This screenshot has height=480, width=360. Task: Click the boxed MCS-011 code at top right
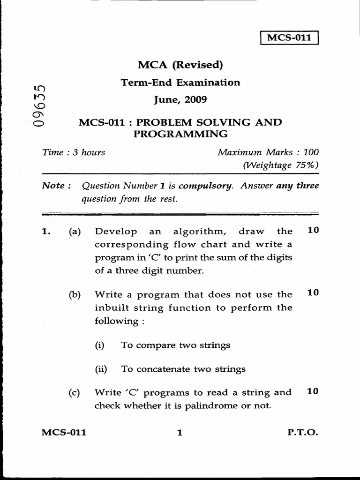[289, 37]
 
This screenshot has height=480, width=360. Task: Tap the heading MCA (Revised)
[180, 65]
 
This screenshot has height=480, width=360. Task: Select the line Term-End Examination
[180, 82]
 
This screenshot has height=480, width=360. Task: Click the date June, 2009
[180, 100]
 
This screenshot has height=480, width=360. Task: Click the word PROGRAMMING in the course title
[180, 134]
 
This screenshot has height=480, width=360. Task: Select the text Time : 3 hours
[74, 152]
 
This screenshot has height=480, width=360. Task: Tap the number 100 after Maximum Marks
[311, 152]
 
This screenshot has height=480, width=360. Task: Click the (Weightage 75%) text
[280, 165]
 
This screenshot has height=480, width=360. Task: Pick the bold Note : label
[56, 186]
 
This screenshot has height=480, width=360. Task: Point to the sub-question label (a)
[75, 231]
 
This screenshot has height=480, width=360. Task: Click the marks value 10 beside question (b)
[313, 292]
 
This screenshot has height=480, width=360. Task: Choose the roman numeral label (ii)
[101, 369]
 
